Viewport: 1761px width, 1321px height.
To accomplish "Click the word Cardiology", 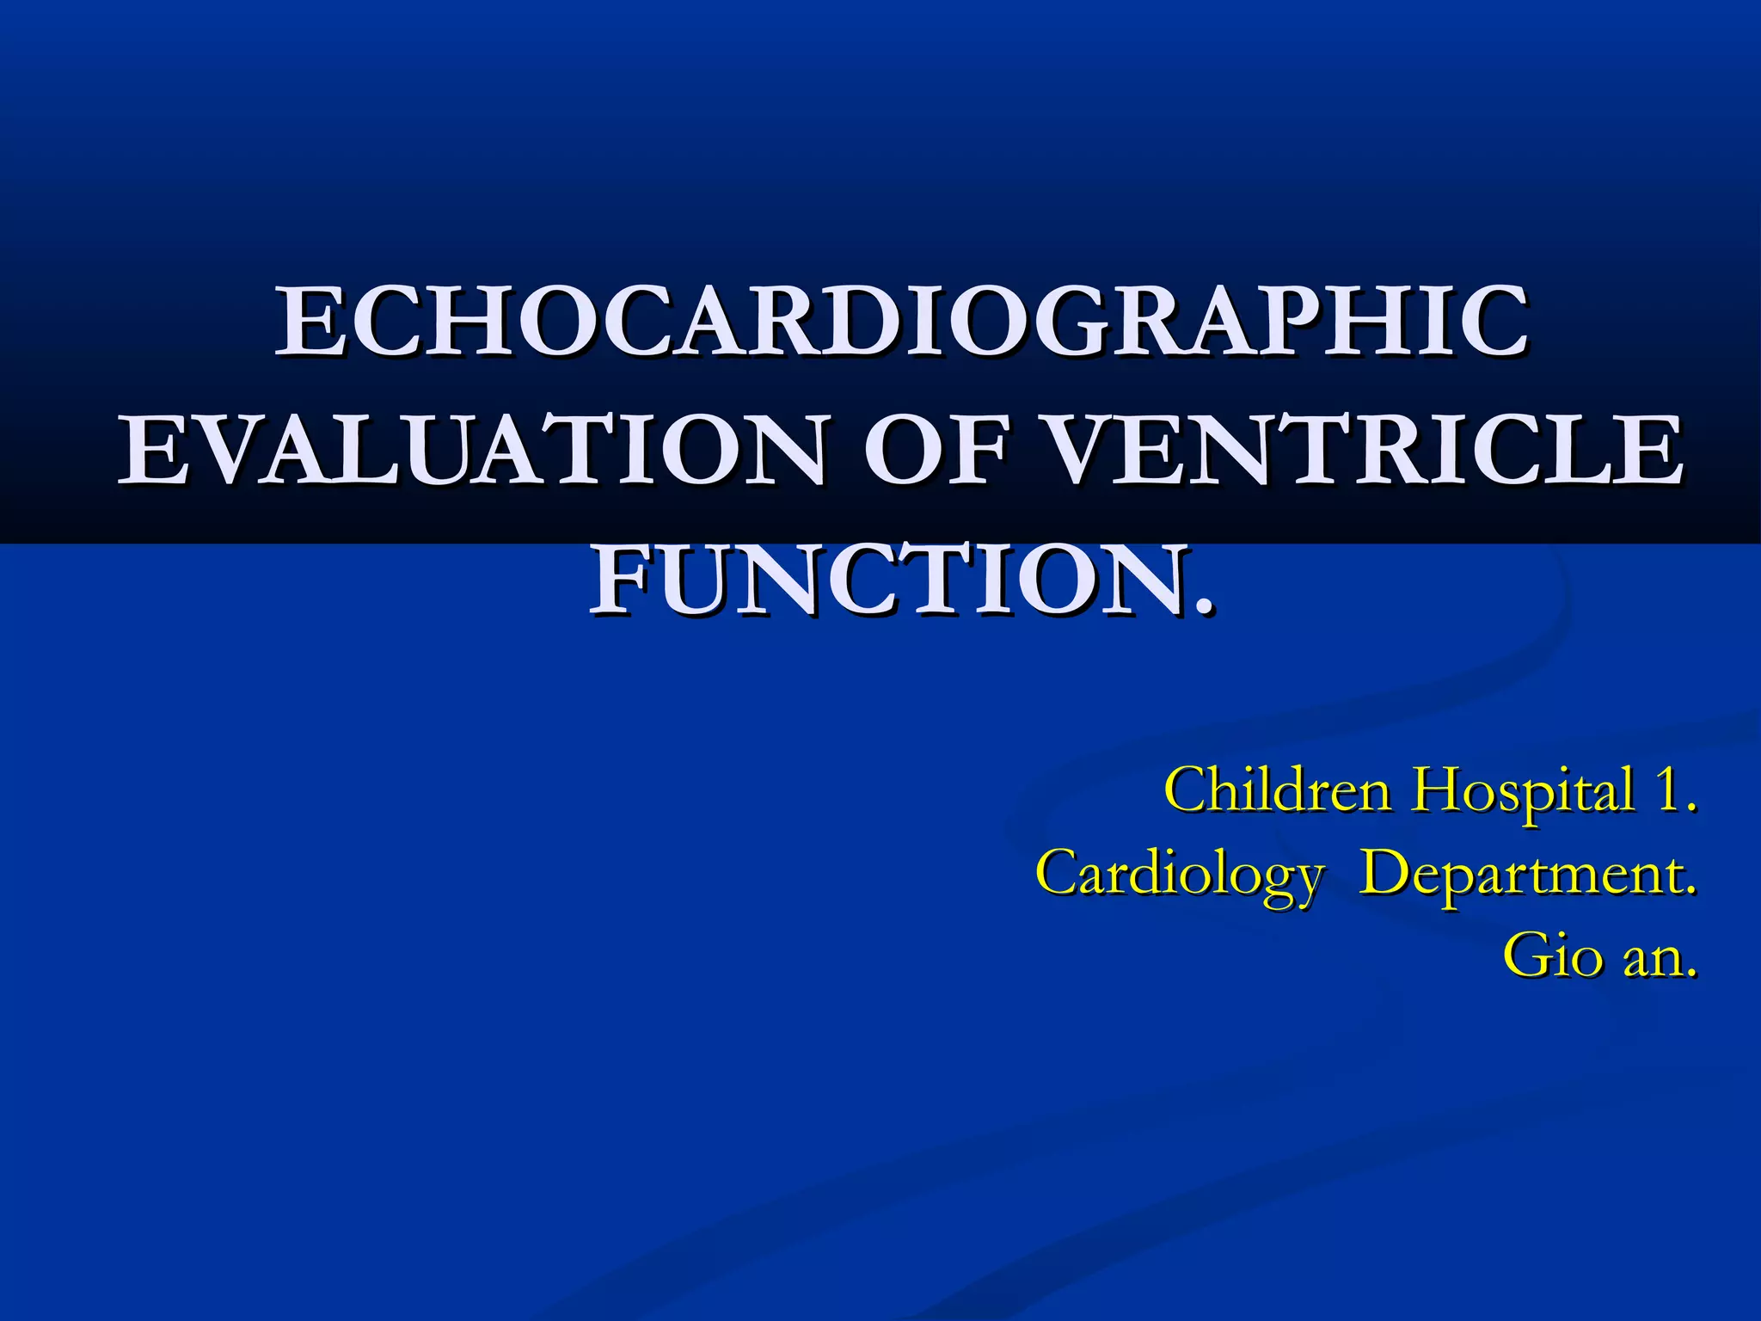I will point(1179,874).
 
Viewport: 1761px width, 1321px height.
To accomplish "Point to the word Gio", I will point(1553,954).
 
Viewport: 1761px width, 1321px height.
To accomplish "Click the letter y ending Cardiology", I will point(1304,881).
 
